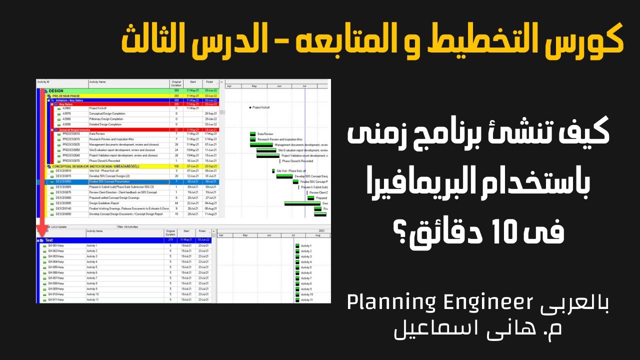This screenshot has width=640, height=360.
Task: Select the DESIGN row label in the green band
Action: pyautogui.click(x=56, y=90)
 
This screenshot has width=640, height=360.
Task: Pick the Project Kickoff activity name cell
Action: pyautogui.click(x=98, y=108)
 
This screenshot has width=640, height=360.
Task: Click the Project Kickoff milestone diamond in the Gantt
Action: pyautogui.click(x=250, y=107)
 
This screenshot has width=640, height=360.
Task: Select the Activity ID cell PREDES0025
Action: pyautogui.click(x=71, y=144)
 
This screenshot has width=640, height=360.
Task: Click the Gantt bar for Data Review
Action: pyautogui.click(x=253, y=134)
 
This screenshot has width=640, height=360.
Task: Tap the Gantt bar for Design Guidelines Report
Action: pyautogui.click(x=302, y=203)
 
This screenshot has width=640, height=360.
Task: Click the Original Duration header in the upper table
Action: pyautogui.click(x=176, y=83)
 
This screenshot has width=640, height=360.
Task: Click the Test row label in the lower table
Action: pyautogui.click(x=49, y=240)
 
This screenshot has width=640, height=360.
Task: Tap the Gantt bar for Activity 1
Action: pyautogui.click(x=297, y=246)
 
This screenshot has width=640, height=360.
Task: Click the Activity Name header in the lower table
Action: pyautogui.click(x=94, y=231)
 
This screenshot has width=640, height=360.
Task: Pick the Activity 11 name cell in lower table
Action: pyautogui.click(x=92, y=300)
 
